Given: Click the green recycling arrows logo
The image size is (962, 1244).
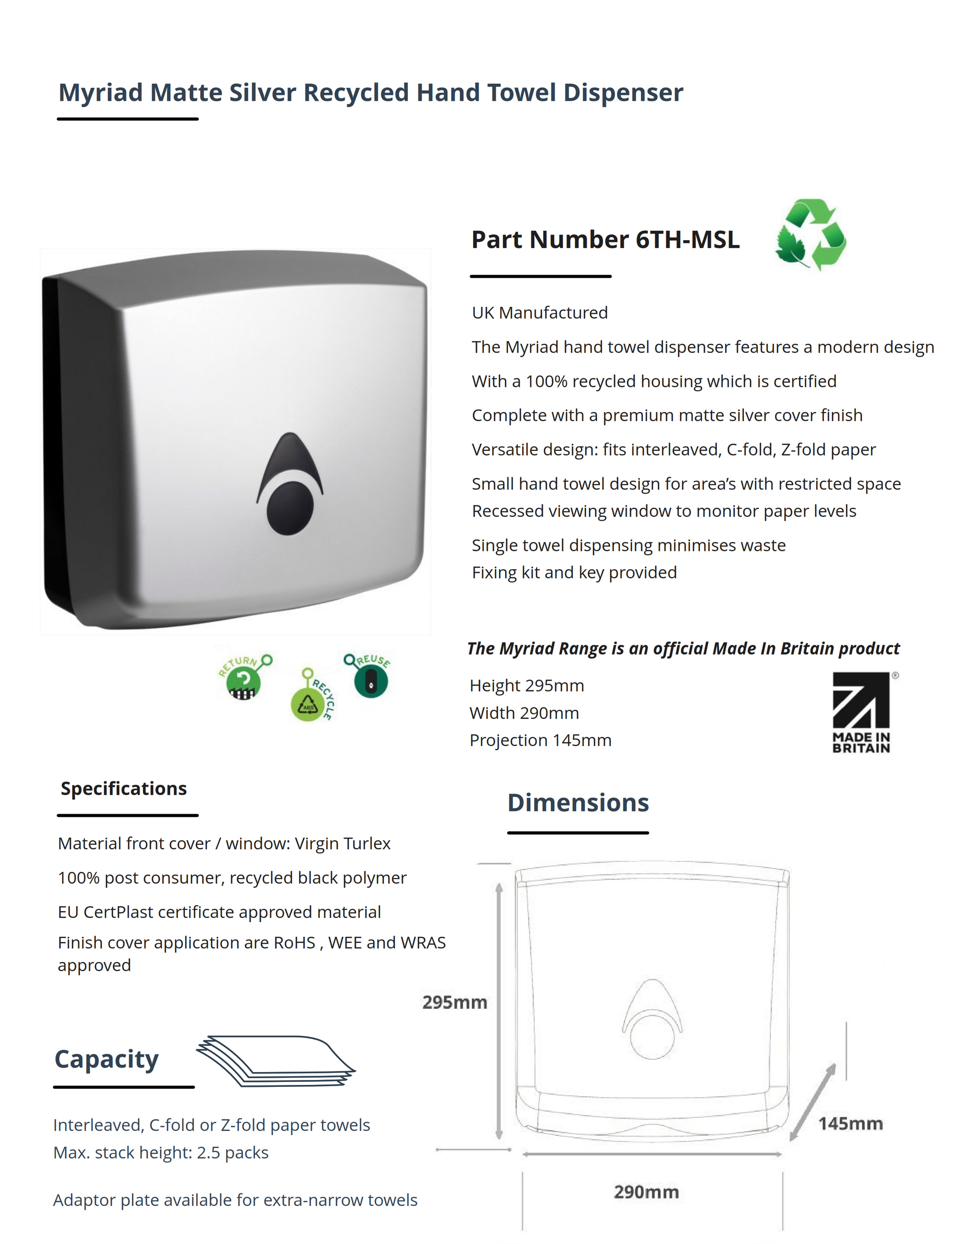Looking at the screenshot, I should pos(810,234).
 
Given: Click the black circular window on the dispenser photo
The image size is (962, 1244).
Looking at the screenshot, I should pos(290,507).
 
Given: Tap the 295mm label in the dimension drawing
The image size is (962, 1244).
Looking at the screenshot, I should pos(454,1002).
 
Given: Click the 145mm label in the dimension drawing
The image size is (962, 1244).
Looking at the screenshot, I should pos(850,1124).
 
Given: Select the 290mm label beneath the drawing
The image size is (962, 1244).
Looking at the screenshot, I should pos(646,1192).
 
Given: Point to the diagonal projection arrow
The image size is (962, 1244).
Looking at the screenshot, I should pos(813,1102).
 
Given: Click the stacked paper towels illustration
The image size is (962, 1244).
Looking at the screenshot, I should pos(276,1061).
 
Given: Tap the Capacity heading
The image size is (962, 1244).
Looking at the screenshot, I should pos(107,1059).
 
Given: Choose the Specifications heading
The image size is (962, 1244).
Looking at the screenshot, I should pos(124,788).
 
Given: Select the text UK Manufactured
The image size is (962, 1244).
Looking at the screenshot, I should pos(540,313).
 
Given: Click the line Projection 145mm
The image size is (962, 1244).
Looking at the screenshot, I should pos(540,740).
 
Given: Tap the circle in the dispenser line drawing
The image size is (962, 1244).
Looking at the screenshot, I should pos(652,1036).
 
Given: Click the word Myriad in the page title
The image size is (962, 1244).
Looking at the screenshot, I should pos(101,93).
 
